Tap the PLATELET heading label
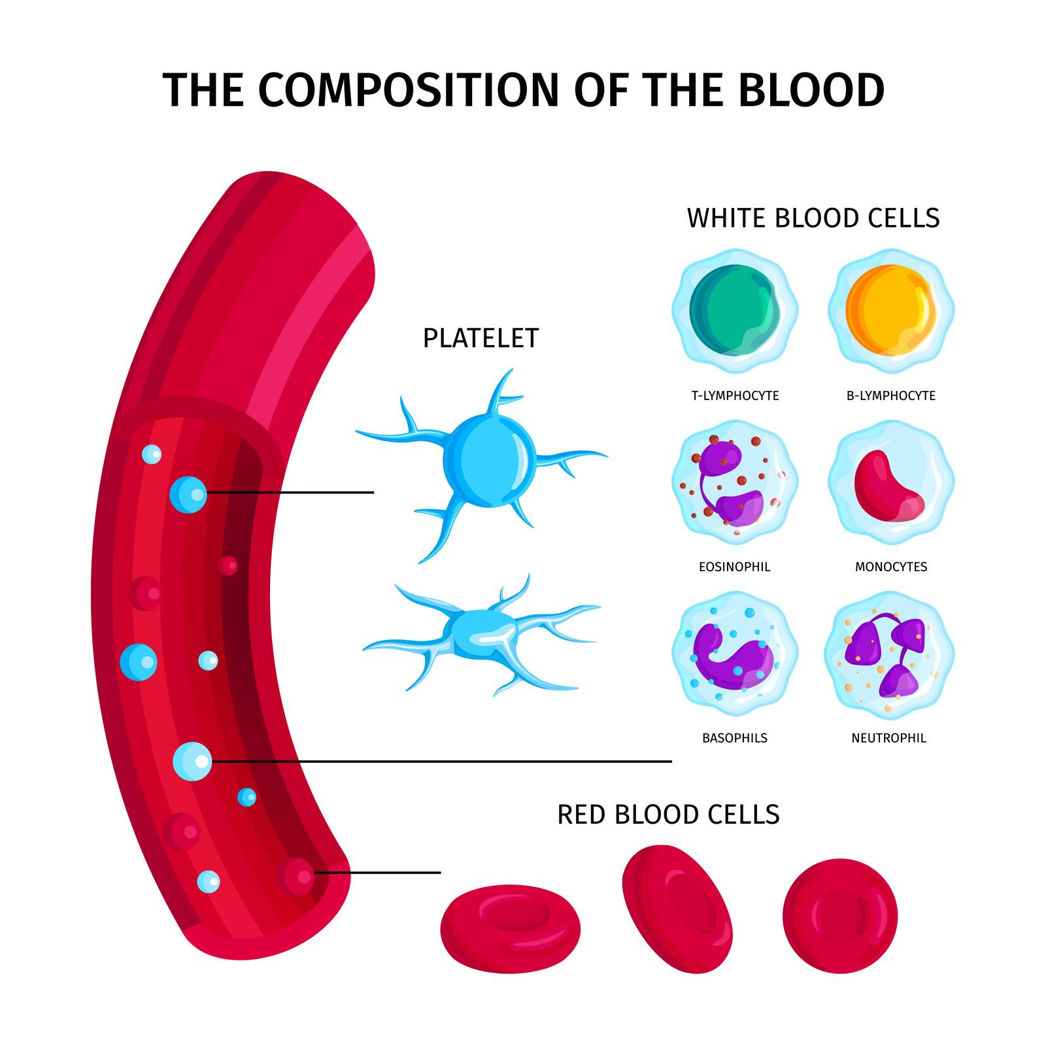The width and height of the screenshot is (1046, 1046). (x=481, y=338)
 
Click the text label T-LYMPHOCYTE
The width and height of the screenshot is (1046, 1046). (x=735, y=396)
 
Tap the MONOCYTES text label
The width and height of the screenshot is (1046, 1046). (x=891, y=567)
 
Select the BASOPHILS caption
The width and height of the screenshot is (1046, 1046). (x=735, y=738)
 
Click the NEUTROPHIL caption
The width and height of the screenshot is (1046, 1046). (x=888, y=738)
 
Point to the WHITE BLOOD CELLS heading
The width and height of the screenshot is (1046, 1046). (x=813, y=218)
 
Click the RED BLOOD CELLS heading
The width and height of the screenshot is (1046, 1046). (x=668, y=815)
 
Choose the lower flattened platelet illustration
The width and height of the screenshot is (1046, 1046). (x=481, y=635)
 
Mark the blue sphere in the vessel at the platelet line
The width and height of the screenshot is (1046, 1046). (x=188, y=494)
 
